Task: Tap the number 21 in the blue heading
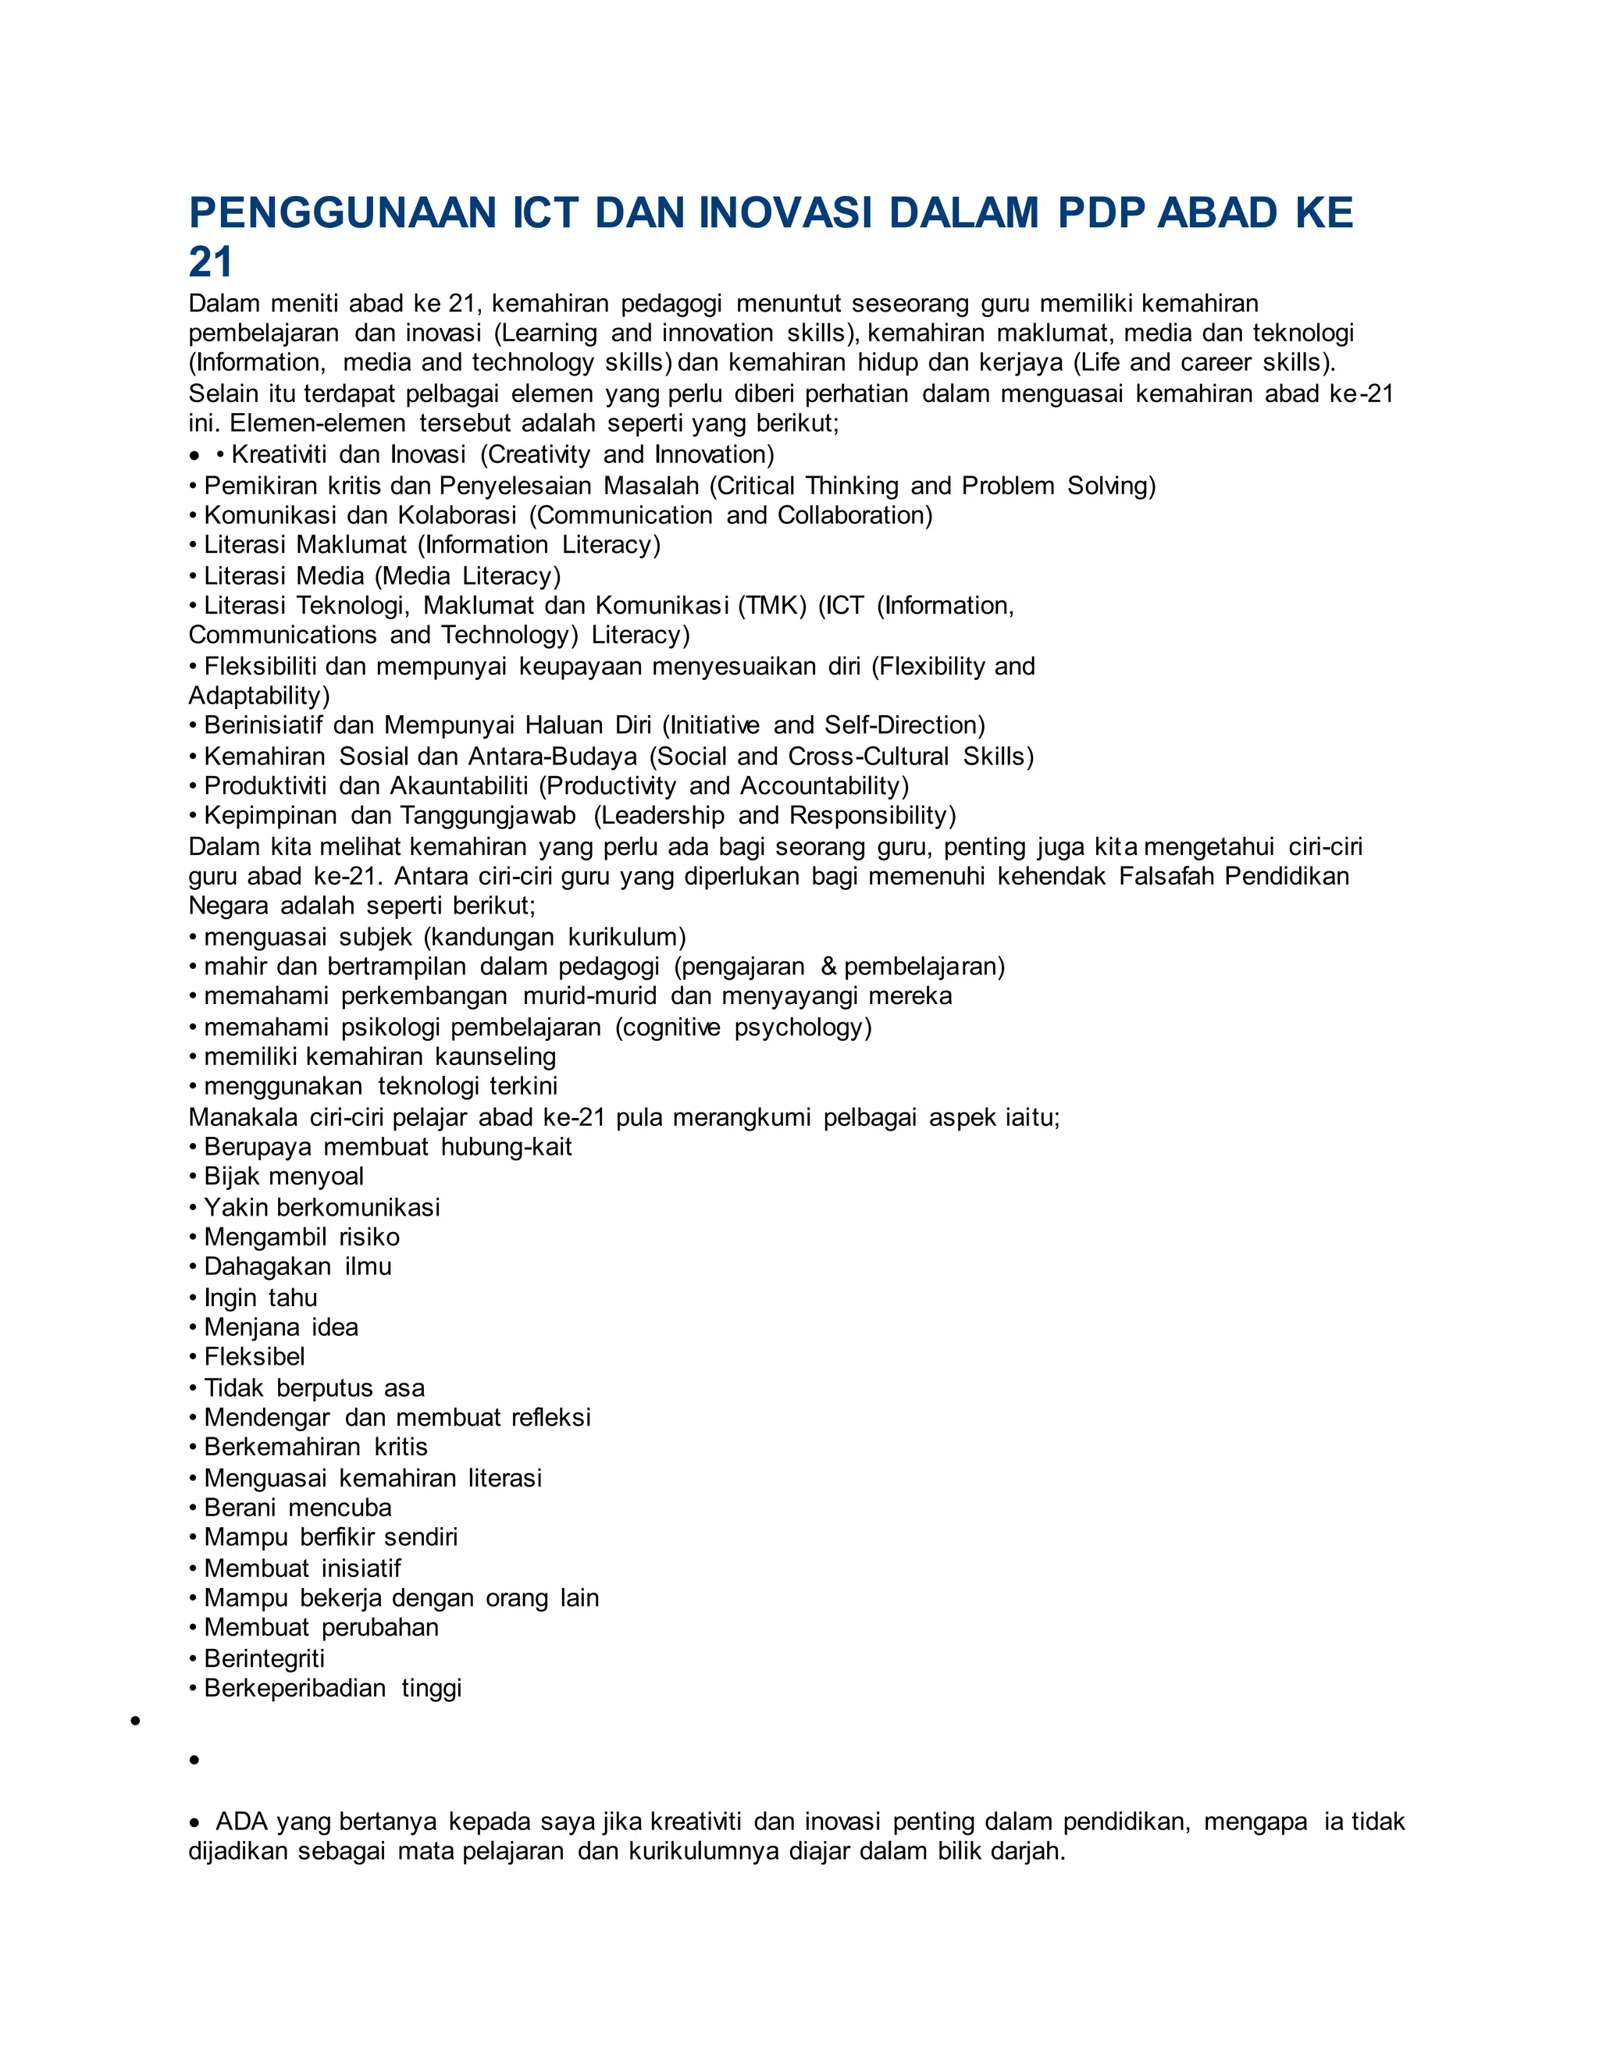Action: (210, 263)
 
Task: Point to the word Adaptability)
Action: (258, 696)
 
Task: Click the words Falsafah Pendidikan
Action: (1234, 875)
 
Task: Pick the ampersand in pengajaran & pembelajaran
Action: (829, 967)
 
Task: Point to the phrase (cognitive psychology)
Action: (743, 1027)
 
